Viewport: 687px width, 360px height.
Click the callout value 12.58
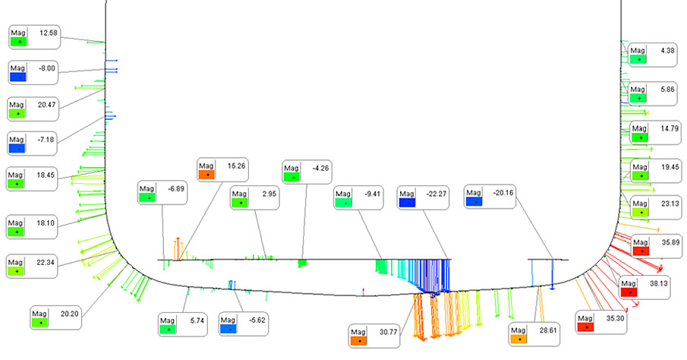coord(48,33)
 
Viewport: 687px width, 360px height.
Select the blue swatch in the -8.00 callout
coord(18,77)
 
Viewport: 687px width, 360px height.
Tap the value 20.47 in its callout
coord(46,105)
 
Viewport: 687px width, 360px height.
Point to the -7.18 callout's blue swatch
coord(17,149)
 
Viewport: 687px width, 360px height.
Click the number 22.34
coord(46,262)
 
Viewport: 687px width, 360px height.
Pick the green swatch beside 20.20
coord(40,323)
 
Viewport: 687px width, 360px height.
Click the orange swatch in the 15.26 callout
coord(206,175)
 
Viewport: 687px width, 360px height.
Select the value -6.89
coord(176,188)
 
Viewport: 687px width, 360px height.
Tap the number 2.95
coord(269,194)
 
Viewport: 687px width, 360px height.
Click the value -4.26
coord(320,168)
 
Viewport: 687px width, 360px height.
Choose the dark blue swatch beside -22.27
coord(407,203)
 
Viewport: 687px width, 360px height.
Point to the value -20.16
coord(503,192)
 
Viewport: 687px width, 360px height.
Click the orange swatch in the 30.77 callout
coord(359,341)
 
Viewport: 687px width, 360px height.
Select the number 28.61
coord(547,330)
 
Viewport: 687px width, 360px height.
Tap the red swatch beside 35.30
coord(586,327)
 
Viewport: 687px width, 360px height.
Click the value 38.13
coord(658,283)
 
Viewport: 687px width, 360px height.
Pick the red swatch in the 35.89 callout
coord(641,251)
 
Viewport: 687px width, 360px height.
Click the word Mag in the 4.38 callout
coord(638,50)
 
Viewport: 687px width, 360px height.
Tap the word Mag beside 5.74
coord(167,321)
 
